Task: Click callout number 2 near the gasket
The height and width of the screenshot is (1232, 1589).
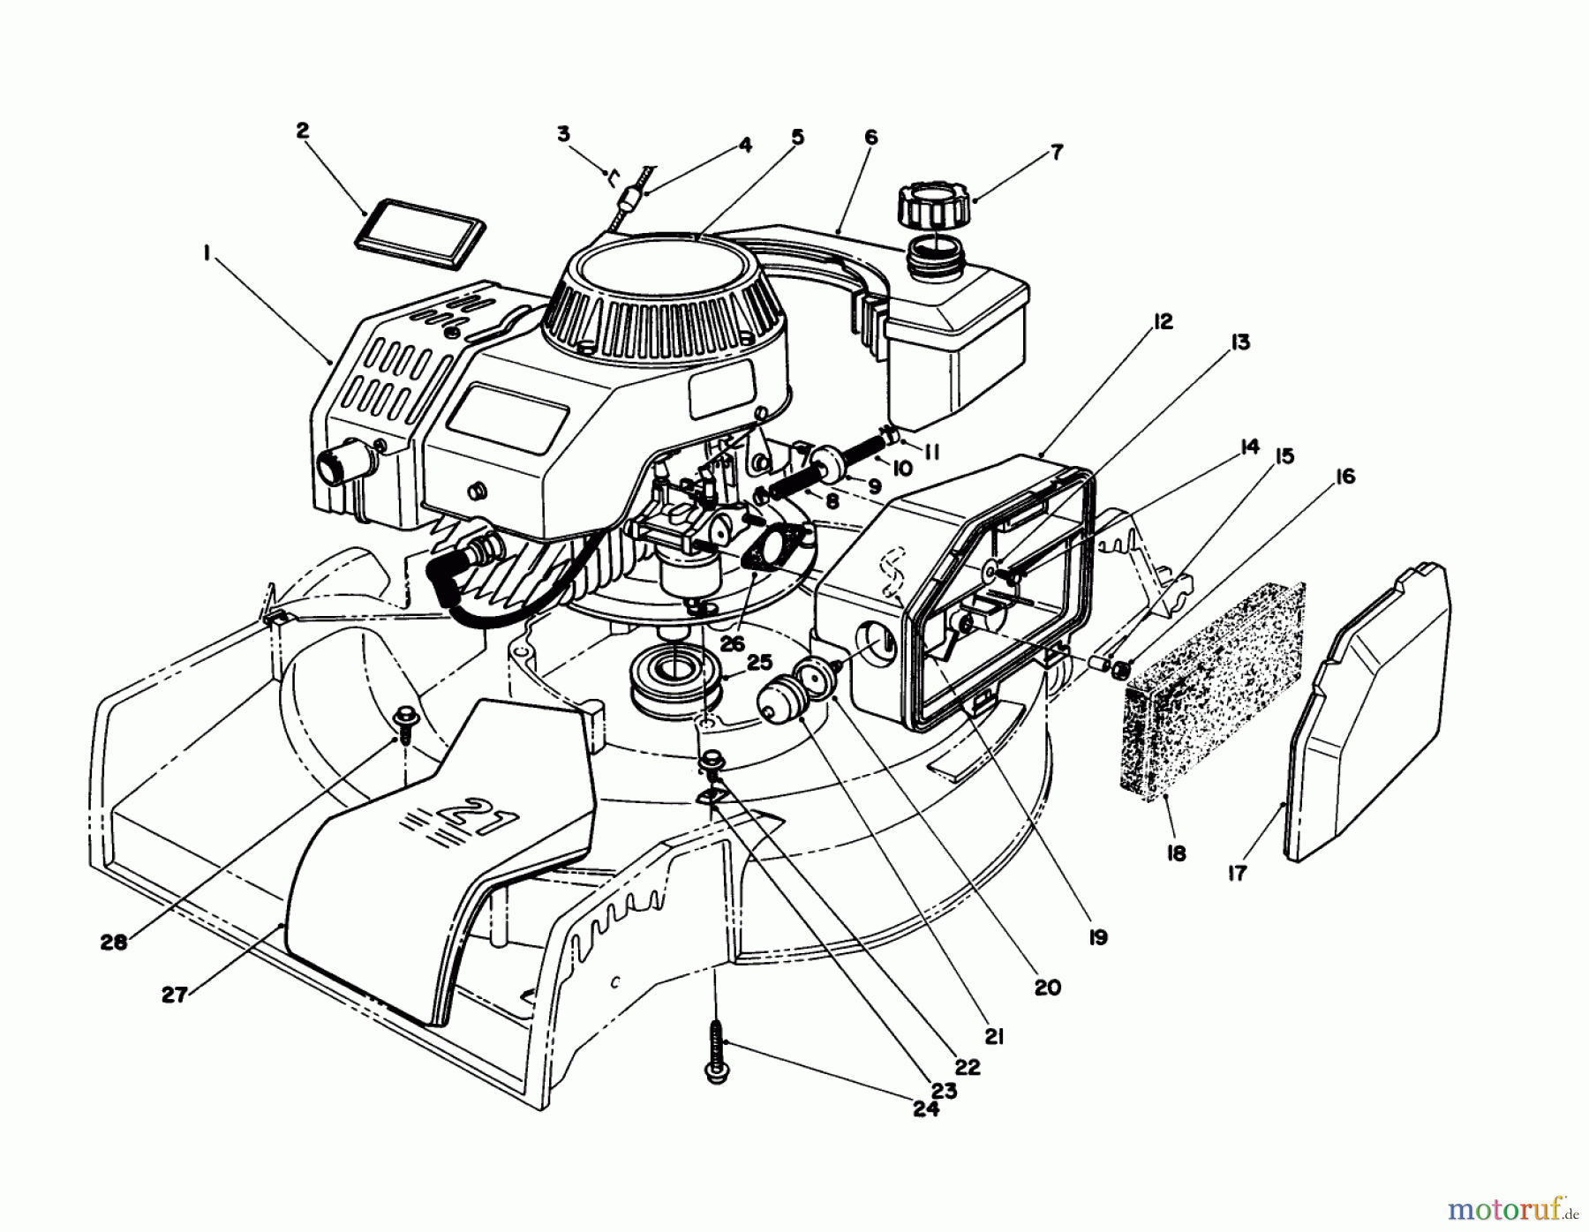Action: click(x=302, y=131)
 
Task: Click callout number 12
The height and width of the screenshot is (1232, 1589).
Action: click(x=1163, y=322)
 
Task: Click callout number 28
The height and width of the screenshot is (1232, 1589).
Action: click(x=115, y=942)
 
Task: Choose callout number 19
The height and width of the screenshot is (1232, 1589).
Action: click(x=1097, y=937)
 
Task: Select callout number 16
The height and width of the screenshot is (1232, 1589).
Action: click(x=1344, y=477)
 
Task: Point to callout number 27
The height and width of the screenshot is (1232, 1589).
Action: click(x=175, y=995)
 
